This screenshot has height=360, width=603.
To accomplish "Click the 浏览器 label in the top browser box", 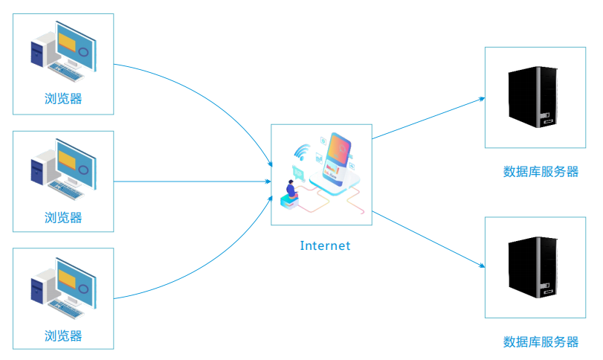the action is click(x=63, y=99).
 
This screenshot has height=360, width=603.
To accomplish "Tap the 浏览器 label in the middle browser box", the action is click(x=63, y=218).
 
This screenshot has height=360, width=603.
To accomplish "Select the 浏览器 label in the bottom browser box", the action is click(x=63, y=335).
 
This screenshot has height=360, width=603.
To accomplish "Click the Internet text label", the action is click(x=325, y=245).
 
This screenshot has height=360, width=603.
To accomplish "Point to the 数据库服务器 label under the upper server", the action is click(x=541, y=172).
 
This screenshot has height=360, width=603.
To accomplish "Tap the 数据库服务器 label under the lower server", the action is click(x=541, y=341).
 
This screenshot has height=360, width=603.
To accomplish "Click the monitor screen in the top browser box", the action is click(x=76, y=47).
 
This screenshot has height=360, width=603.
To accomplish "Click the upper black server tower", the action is click(x=533, y=97).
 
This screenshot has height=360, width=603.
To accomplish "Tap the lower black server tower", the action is click(x=533, y=267).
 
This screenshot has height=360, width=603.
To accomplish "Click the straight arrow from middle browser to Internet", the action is click(x=193, y=181).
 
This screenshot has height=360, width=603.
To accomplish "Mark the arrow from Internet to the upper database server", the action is click(x=428, y=118).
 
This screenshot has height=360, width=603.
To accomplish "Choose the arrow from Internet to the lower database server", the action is click(x=428, y=239).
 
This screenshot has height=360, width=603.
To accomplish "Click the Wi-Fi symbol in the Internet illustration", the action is click(x=303, y=152).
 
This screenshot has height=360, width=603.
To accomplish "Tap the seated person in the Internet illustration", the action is click(x=291, y=189).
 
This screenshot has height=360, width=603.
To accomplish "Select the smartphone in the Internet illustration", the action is click(x=338, y=158).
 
